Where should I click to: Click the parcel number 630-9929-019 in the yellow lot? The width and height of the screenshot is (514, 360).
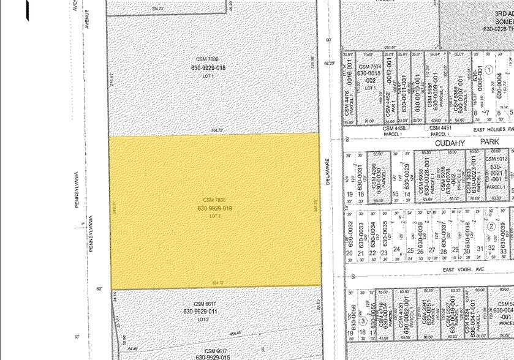[214, 208]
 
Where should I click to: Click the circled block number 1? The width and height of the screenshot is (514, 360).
[489, 69]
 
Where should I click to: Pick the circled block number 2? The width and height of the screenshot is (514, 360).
[491, 227]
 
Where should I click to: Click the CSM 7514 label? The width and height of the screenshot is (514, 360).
[371, 67]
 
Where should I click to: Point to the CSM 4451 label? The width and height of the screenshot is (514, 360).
[440, 127]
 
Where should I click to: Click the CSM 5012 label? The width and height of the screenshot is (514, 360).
[496, 159]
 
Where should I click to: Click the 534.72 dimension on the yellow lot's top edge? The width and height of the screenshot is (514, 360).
[214, 130]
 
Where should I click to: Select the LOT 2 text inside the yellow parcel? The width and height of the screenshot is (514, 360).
[214, 216]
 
